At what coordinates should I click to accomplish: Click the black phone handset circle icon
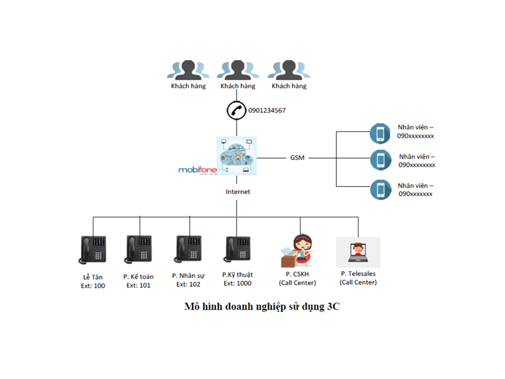coord(236,110)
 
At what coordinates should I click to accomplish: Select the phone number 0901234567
coord(267,111)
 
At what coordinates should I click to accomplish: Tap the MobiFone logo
coord(197,170)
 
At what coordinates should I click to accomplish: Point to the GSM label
coord(297,157)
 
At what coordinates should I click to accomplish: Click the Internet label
coord(238,191)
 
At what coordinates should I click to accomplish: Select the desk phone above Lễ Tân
coord(93,250)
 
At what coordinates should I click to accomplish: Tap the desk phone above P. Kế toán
coord(139,250)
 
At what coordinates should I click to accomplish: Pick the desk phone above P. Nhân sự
coord(188,250)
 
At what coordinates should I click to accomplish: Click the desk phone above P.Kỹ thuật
coord(237,250)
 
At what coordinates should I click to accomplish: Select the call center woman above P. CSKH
coord(298,250)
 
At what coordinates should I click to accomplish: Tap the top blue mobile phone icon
coord(380,133)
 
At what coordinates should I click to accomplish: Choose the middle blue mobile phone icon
coord(380,160)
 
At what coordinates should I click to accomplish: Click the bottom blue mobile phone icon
coord(380,189)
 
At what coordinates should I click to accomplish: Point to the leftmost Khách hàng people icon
coord(187,70)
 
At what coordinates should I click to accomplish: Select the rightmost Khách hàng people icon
coord(288,70)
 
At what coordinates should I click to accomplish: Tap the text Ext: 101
coord(139,286)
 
